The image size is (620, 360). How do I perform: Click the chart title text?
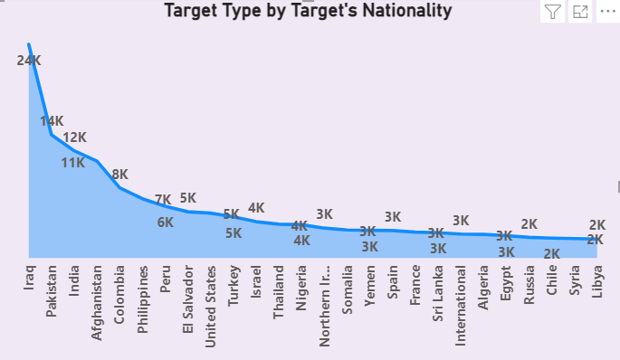point(308,12)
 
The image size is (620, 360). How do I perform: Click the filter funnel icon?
point(553,12)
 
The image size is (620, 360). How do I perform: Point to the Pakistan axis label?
point(52,286)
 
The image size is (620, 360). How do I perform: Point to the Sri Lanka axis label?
point(437,289)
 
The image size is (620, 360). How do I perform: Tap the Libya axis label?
point(596,279)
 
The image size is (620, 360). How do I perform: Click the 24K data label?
point(29,61)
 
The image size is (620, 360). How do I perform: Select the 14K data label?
point(52,121)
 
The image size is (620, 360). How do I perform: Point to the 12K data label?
point(74,137)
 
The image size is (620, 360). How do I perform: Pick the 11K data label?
point(73,163)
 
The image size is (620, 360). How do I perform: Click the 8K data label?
point(119,175)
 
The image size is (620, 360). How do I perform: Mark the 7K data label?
point(163,200)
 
